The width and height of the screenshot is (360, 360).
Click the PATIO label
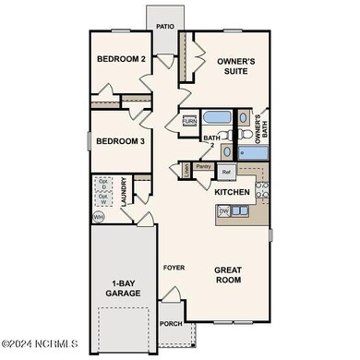pos(166,27)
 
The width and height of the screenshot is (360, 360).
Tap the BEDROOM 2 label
pos(122,60)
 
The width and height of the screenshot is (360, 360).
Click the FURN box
pos(189,121)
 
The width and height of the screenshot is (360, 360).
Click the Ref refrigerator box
pos(226,172)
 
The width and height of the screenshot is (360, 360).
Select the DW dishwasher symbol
pos(223,211)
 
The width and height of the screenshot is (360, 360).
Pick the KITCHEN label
pos(232,192)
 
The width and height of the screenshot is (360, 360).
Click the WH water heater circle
pos(98,217)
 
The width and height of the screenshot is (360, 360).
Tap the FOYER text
pos(174,268)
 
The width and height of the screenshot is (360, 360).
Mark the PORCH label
pos(171,323)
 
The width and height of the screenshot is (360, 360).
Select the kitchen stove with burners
pos(261,191)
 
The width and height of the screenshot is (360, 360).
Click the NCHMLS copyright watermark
pos(41,346)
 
